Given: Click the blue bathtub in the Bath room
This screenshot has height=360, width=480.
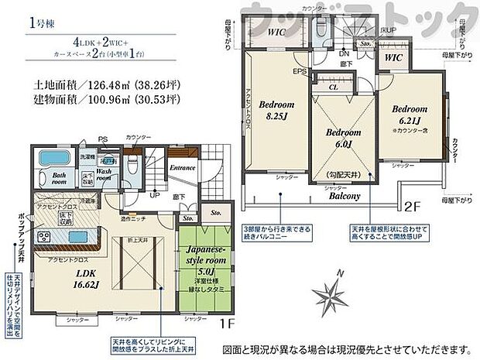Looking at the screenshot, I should point(53,159).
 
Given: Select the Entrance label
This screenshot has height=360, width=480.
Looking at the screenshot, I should point(183,166).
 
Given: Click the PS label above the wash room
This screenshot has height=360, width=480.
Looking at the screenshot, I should point(102,140).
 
